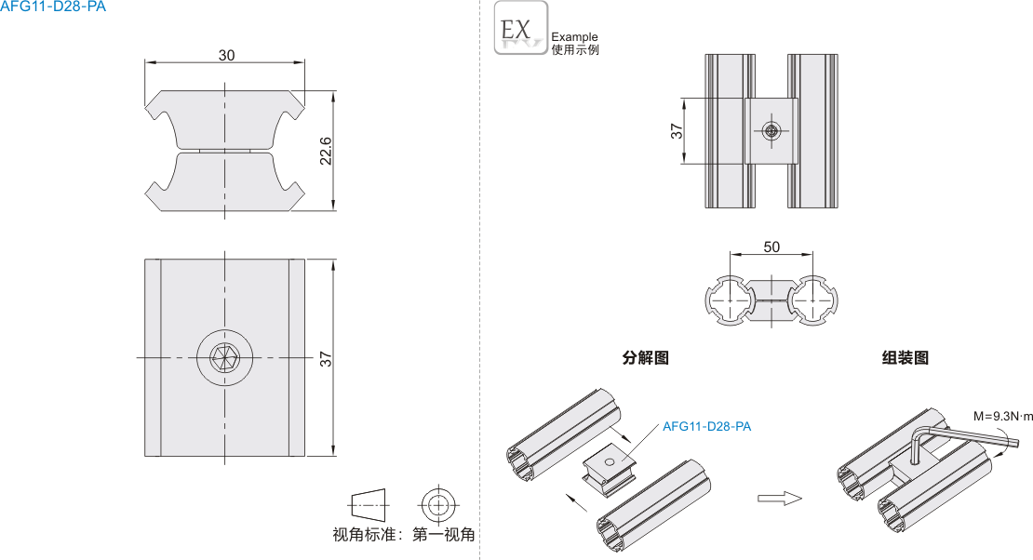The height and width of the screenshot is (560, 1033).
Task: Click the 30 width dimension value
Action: pyautogui.click(x=226, y=55)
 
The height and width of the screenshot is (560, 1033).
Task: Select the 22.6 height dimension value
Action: pyautogui.click(x=326, y=150)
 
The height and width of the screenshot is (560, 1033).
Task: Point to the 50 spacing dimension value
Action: pyautogui.click(x=771, y=247)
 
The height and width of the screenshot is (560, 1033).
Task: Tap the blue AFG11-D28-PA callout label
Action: pyautogui.click(x=706, y=427)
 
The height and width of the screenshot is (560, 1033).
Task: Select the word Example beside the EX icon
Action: pyautogui.click(x=574, y=37)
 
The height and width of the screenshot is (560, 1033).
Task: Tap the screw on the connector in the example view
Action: pyautogui.click(x=771, y=131)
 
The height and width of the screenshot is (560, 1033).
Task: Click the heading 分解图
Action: pyautogui.click(x=645, y=357)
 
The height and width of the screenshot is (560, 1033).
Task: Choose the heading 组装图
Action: pyautogui.click(x=905, y=357)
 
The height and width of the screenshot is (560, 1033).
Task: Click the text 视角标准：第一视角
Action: pyautogui.click(x=404, y=535)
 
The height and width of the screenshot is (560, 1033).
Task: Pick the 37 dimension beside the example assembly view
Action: pyautogui.click(x=677, y=131)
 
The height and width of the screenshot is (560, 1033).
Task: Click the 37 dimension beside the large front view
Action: pyautogui.click(x=326, y=358)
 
